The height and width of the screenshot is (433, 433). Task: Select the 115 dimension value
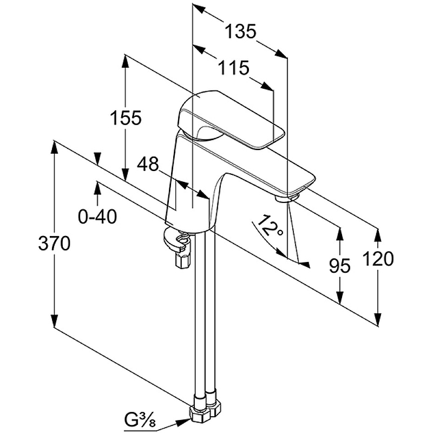pos(234,68)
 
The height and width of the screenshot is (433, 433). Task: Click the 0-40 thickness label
pos(98,216)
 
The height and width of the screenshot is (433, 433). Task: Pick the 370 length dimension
pos(54,244)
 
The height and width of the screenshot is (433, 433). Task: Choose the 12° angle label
pos(271,226)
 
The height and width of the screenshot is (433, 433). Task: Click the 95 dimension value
pos(340,265)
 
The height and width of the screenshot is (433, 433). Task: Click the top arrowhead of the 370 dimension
pos(54,146)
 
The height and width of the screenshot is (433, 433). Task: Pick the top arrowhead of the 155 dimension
pos(126,60)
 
